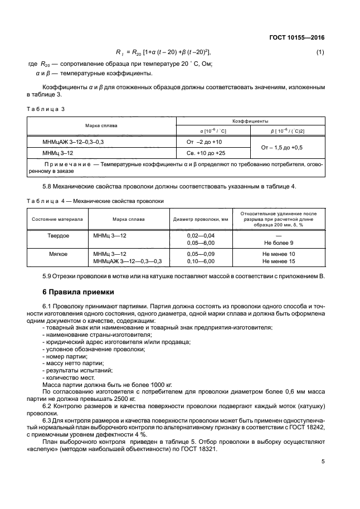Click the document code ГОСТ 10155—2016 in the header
(298, 37)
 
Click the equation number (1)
(320, 52)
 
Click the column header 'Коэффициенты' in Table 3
(250, 120)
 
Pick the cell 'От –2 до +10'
(203, 142)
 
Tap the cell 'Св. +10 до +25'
(206, 153)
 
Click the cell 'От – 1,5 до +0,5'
(288, 147)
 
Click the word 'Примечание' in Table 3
(67, 165)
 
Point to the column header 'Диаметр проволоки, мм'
(201, 219)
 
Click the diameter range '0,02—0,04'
(201, 236)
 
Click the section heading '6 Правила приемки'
(78, 292)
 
